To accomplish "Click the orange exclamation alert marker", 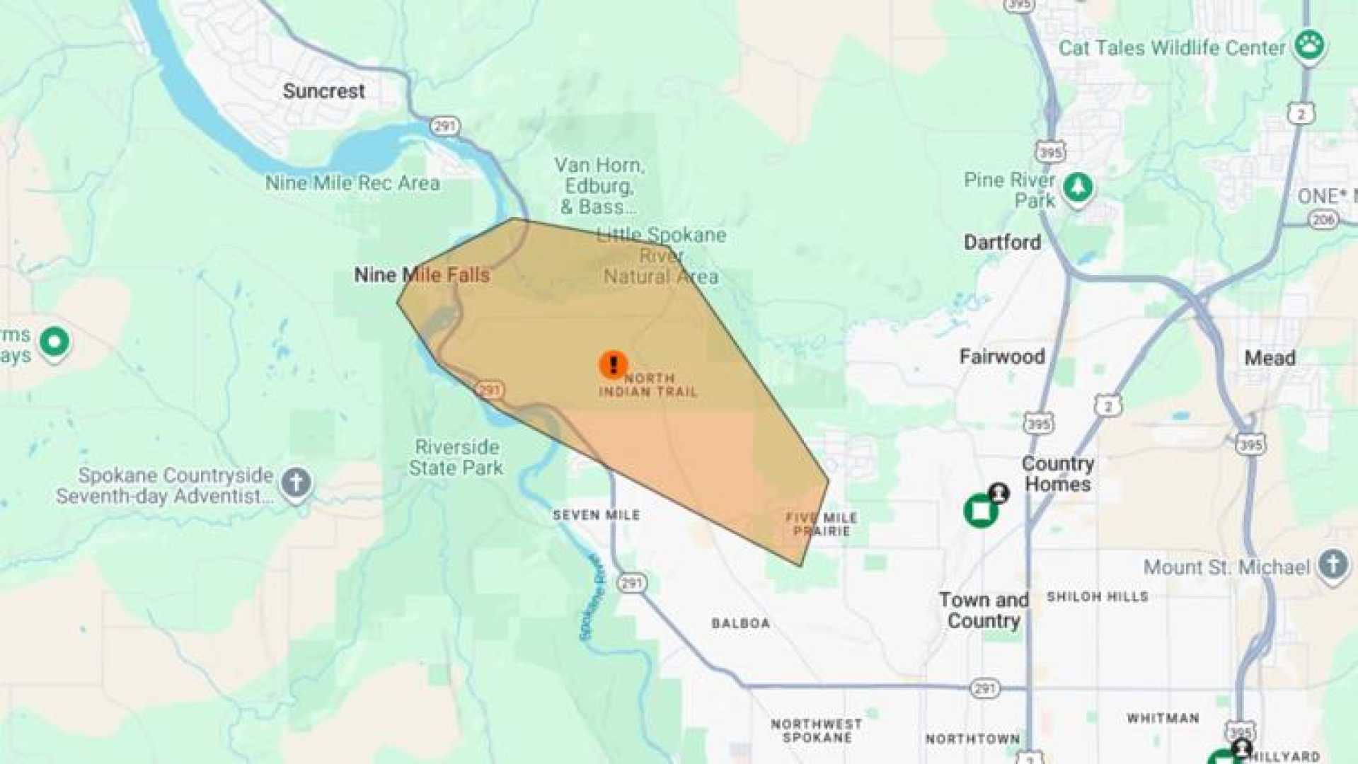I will coord(613,365).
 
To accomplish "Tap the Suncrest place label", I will coord(324,91).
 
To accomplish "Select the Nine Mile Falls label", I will coord(422,275).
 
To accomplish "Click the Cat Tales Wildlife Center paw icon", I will coord(1309,45).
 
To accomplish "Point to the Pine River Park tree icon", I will coord(1077,188).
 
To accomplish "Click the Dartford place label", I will coord(1002,243).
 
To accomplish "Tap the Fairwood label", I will coord(1002,357).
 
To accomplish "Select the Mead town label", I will coord(1270,358).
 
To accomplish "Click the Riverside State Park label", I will coord(456,458).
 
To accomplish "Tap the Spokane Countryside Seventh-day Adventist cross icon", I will coord(296,483).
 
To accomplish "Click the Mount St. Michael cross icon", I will coord(1333,565).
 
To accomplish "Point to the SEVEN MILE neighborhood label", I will coord(597,516).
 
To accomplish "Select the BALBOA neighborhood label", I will coord(741,624).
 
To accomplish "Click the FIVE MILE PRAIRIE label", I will coord(822,524).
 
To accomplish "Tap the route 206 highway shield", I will coord(1322,220).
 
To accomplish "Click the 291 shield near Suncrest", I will coord(444,127).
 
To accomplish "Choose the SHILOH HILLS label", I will coord(1098,597).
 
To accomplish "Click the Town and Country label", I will coord(984,610).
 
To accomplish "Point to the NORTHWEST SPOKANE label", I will coord(817,731).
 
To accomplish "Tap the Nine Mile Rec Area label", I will coord(352,183).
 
